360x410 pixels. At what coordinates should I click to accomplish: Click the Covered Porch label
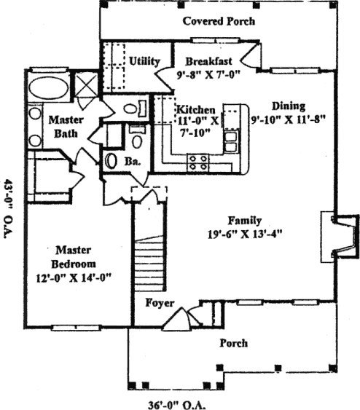coord(219,21)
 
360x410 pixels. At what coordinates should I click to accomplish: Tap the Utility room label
coord(144,61)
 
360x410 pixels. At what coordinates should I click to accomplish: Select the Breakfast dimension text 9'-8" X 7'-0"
coord(208,75)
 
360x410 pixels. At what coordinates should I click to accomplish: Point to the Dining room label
coord(289,106)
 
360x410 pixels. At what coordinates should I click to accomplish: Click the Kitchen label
coord(196,109)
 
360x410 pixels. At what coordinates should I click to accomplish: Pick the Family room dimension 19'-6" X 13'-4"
coord(245,234)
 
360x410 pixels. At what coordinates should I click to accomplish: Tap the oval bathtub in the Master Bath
coord(49,87)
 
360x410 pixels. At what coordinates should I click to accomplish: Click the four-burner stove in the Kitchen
coord(198,162)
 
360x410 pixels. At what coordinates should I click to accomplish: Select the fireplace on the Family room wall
coord(340,237)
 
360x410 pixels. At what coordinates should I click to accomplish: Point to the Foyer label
coord(160,303)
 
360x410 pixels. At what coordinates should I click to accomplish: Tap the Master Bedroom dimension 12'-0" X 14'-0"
coord(74,277)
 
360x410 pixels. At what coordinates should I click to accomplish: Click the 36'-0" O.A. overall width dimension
coord(176,405)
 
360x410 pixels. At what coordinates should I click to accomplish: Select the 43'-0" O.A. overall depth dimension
coord(9,209)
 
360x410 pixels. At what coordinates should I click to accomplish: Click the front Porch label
coord(233,343)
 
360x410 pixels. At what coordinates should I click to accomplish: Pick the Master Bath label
coord(66,127)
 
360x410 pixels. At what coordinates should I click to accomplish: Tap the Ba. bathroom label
coord(133,162)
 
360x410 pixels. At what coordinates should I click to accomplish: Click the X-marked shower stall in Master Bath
coord(86,84)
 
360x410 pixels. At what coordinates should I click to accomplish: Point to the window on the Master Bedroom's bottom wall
coord(76,328)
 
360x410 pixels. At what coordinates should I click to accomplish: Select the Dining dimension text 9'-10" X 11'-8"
coord(288,119)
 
